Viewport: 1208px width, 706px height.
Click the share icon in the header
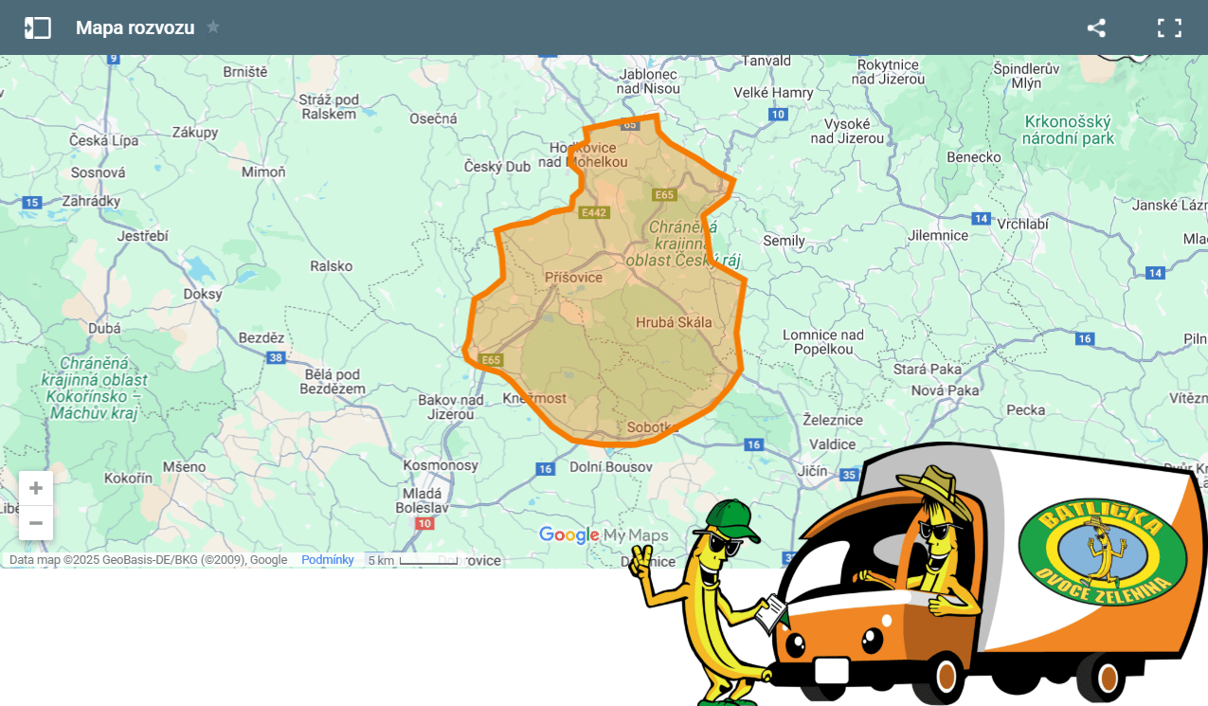[x=1096, y=27]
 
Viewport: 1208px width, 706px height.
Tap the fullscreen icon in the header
[x=1169, y=27]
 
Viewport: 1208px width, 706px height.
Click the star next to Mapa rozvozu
[x=213, y=27]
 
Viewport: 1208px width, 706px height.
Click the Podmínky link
[x=327, y=560]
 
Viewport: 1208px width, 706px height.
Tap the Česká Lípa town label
[x=103, y=140]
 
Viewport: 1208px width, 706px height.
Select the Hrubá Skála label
[x=674, y=322]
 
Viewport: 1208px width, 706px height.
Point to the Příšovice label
[x=573, y=278]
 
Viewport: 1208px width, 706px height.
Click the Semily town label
[x=784, y=241]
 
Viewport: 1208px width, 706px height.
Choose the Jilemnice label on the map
[x=938, y=235]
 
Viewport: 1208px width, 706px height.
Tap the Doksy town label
[x=203, y=294]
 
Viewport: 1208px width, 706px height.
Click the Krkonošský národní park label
[x=1068, y=130]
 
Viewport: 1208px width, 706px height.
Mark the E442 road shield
[x=594, y=212]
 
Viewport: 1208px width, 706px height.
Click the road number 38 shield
[x=276, y=357]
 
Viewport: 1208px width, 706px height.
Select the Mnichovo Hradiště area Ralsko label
[x=331, y=266]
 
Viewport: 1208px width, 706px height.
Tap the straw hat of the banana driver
[x=934, y=488]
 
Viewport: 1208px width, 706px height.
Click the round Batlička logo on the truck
[x=1102, y=554]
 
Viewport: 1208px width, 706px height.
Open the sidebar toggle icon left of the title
[x=38, y=27]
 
